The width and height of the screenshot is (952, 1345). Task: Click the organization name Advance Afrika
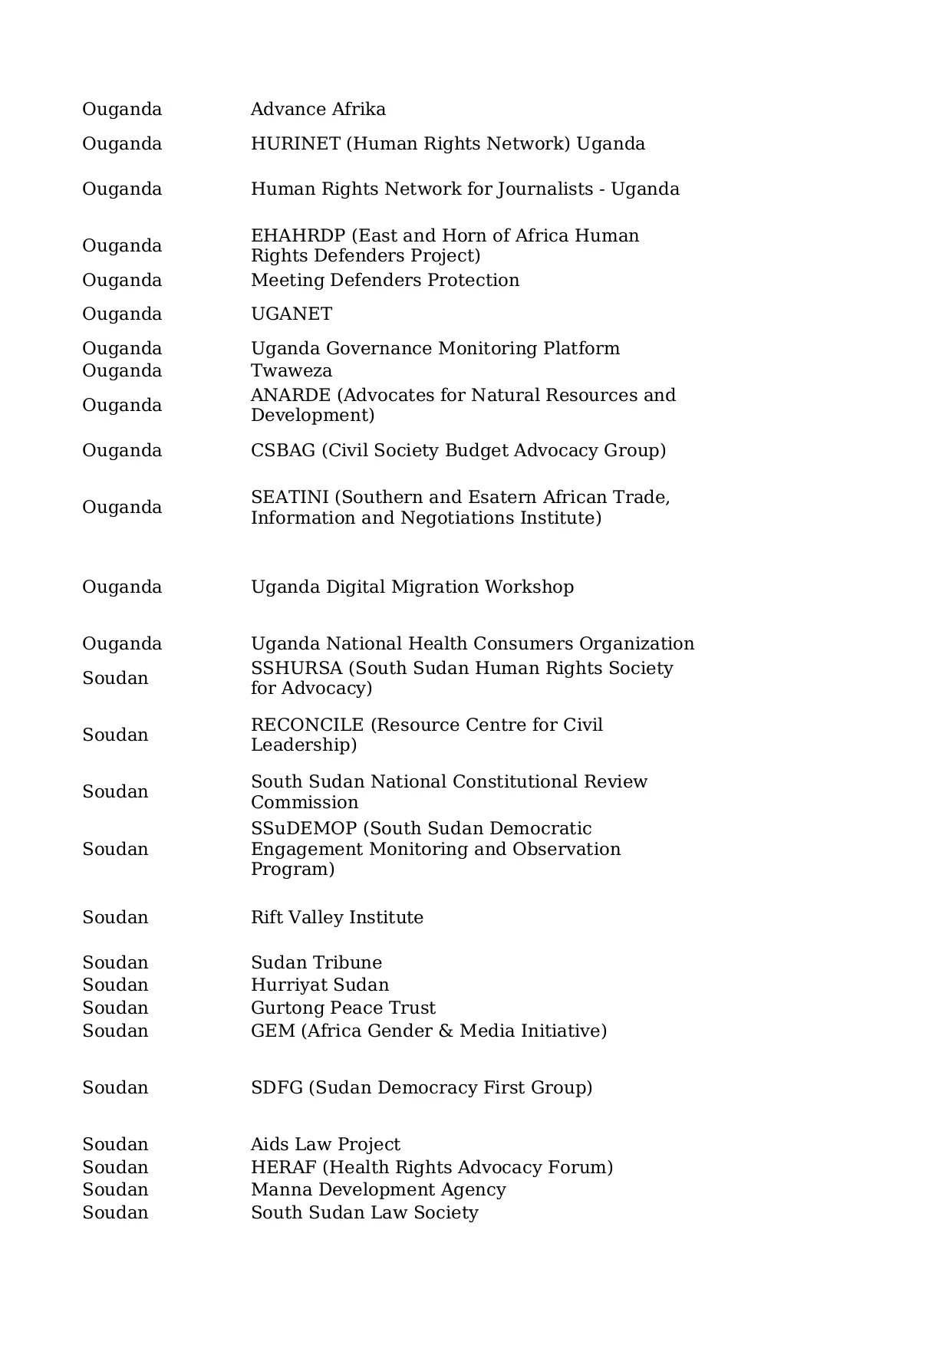tap(318, 110)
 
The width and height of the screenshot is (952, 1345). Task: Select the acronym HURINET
tap(295, 144)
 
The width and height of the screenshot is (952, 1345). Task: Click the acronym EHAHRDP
tap(298, 236)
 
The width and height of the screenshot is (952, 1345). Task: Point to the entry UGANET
tap(291, 314)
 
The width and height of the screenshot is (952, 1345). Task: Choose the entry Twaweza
tap(291, 371)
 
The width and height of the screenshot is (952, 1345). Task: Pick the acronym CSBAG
tap(282, 451)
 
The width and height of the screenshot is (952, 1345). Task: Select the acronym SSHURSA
tap(296, 669)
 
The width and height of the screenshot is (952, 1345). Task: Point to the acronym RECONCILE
tap(307, 725)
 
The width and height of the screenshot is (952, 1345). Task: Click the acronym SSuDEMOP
tap(304, 829)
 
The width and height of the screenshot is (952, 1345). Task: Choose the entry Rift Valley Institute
tap(337, 918)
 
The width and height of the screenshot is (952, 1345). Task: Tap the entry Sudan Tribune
tap(316, 963)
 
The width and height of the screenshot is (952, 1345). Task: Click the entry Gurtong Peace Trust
tap(343, 1008)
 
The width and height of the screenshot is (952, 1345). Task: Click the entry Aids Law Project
tap(325, 1145)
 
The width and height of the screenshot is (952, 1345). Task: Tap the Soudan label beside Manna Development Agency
tap(115, 1190)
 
